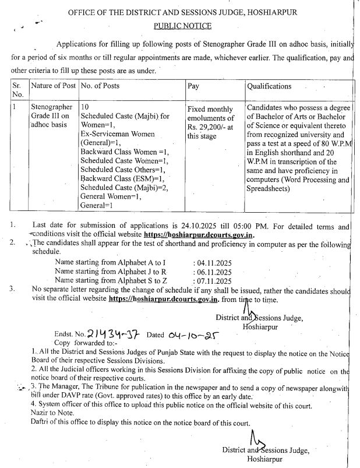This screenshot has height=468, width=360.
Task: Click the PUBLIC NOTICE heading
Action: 182,26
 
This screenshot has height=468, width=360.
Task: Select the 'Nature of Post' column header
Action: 53,86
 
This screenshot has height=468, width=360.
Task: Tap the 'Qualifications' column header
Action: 269,86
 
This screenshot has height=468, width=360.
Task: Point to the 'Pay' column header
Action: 193,86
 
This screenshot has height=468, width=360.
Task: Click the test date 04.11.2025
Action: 213,263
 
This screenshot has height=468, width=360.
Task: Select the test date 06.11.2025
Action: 213,272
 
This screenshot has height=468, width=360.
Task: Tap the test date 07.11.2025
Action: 213,280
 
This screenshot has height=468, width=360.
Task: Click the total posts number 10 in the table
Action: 85,107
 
